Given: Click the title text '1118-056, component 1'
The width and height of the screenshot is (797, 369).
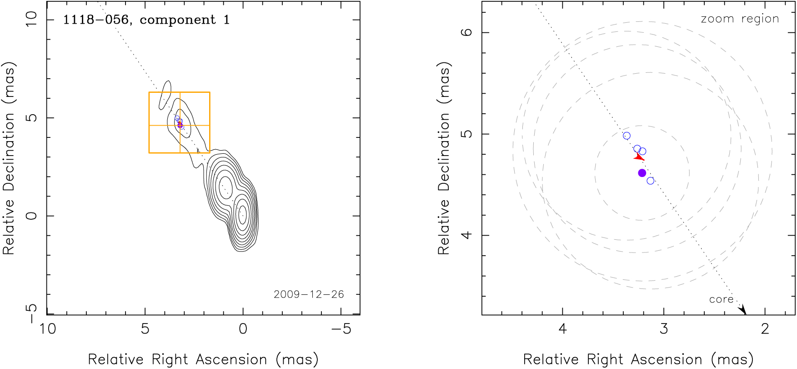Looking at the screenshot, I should [146, 20].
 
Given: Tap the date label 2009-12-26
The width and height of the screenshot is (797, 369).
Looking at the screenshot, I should [309, 294].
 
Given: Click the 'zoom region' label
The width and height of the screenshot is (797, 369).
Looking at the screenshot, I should [740, 19].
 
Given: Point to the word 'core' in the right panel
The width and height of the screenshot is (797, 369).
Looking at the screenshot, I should [721, 299].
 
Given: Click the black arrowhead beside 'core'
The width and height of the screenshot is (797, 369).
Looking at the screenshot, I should [742, 310].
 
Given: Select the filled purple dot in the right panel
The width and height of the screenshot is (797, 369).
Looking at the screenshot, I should [642, 173].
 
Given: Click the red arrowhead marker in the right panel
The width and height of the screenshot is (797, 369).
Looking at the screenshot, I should [639, 157].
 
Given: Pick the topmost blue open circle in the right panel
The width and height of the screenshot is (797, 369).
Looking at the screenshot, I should [627, 136].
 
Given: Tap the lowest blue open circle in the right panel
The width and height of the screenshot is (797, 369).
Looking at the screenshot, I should [651, 181].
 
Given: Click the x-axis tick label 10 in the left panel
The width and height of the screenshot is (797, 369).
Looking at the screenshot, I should [47, 329].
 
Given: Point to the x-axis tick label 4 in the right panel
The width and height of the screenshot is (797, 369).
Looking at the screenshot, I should [563, 329].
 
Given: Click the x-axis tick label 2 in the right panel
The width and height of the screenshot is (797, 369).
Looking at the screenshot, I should [765, 329].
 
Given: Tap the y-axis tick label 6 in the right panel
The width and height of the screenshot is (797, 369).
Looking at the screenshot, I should [467, 32].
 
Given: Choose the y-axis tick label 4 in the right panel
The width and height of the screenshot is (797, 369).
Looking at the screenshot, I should [467, 235].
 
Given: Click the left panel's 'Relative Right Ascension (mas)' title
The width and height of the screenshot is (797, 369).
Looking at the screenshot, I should [203, 359].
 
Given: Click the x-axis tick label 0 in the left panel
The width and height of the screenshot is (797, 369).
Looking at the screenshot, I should [243, 329].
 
